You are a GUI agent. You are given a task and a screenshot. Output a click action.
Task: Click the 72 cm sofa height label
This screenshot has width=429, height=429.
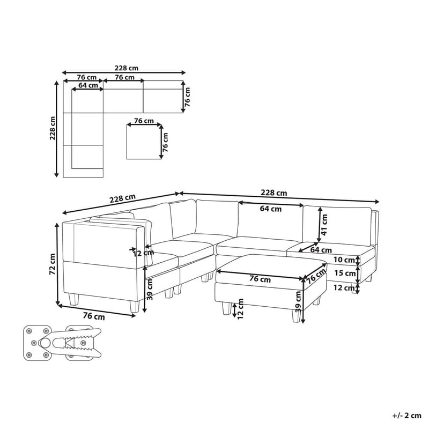(x=52, y=264)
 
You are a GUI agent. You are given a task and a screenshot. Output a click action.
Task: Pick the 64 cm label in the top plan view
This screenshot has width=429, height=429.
(x=88, y=85)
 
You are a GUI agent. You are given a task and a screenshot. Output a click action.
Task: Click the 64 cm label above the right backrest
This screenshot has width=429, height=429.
(x=271, y=209)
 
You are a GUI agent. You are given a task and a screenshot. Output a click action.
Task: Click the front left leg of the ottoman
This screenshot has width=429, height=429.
(x=224, y=308)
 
